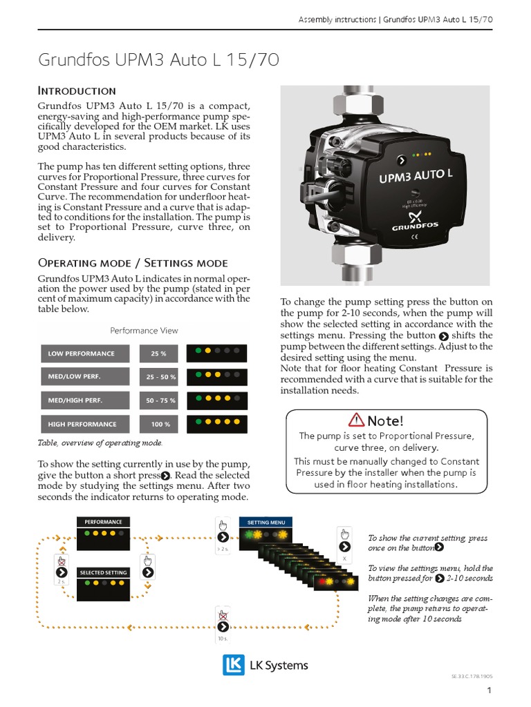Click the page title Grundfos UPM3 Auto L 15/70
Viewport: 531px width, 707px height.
159,61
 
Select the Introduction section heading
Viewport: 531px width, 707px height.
76,90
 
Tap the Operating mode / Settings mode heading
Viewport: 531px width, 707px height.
132,262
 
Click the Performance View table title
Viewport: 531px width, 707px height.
144,331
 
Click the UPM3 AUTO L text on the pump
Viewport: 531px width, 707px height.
415,175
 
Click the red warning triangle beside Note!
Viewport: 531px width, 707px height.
356,420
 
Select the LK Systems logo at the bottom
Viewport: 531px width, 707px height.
265,666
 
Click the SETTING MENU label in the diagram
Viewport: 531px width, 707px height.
266,523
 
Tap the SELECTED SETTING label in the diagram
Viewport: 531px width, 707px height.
103,572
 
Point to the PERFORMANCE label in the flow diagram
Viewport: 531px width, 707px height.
103,522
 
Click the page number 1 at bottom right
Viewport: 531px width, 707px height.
489,690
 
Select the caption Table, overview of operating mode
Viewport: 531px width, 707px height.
100,443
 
